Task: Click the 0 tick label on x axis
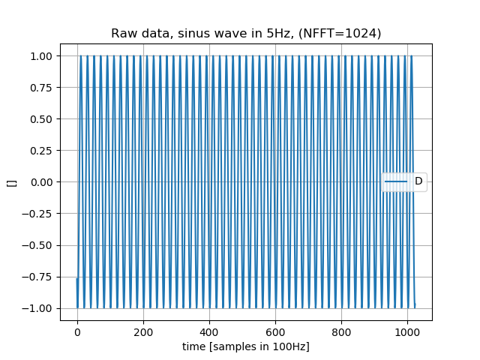pos(77,331)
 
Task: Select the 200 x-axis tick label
pos(143,331)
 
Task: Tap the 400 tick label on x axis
pos(209,331)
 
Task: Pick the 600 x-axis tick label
pos(275,331)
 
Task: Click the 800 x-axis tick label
pos(341,331)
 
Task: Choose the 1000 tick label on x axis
pos(407,331)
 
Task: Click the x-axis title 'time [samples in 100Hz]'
pos(246,346)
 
